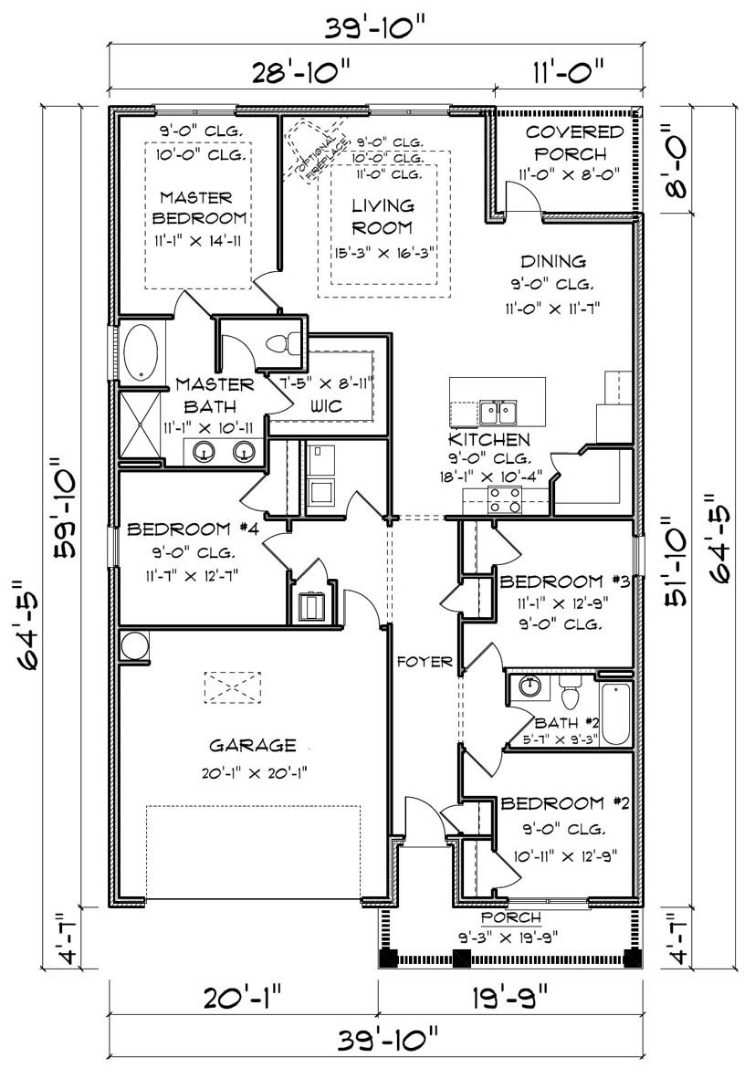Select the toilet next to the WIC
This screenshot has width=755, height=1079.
(x=283, y=342)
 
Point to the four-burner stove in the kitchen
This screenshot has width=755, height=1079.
(x=505, y=499)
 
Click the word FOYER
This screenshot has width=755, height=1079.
(x=424, y=662)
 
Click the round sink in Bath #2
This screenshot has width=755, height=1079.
(x=528, y=685)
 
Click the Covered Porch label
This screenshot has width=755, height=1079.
(x=573, y=142)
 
